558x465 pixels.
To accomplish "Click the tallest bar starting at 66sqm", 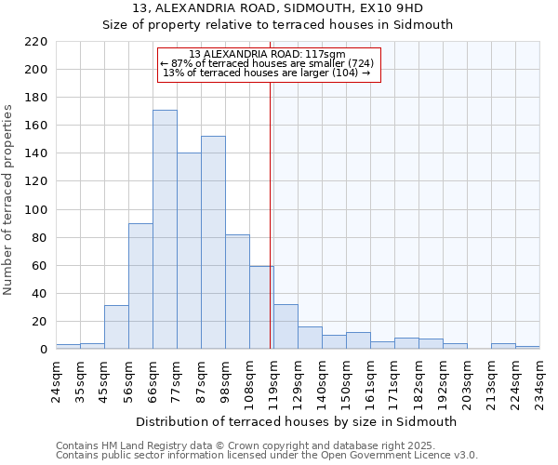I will (165, 230).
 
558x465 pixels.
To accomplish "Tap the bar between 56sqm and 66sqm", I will (140, 286).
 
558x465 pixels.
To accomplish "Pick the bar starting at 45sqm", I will (116, 326).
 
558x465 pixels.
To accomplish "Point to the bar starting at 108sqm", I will (261, 307).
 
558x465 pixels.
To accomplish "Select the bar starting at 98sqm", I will (237, 291).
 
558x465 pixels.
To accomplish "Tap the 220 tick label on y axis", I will (36, 42).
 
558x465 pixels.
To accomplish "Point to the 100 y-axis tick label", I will (36, 210).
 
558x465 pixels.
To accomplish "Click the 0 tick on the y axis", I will (43, 350).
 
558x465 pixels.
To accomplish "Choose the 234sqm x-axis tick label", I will (539, 379).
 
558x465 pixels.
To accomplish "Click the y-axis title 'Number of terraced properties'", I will (9, 200).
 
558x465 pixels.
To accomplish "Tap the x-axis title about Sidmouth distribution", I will (297, 421).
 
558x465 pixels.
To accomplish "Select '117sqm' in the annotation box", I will (326, 55).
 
